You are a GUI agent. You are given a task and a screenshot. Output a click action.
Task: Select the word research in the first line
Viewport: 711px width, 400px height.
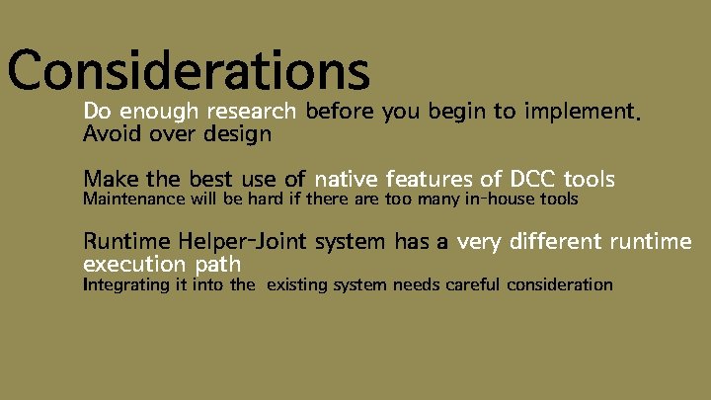coord(258,111)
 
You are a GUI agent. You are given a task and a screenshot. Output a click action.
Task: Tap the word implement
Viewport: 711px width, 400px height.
coord(583,112)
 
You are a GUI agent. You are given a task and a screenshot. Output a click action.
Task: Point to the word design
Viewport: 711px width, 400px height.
coord(240,133)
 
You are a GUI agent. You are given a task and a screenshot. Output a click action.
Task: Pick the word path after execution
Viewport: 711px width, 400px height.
coord(216,265)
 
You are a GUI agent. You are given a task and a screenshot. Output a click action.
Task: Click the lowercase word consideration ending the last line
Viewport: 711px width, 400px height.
coord(560,284)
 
